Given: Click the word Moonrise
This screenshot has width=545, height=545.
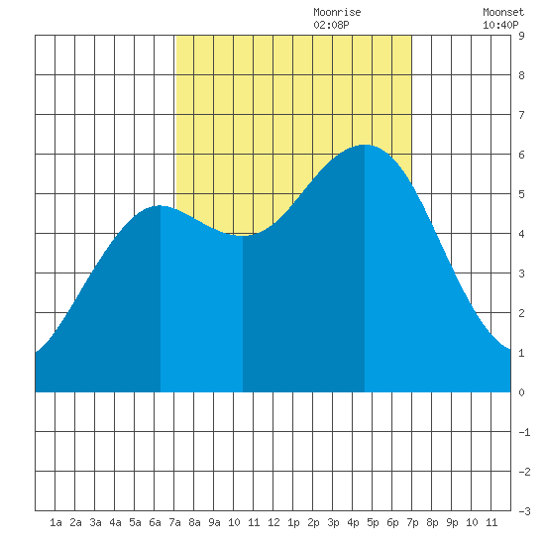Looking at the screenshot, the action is (337, 12).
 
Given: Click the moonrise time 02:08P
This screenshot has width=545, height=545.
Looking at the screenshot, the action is (331, 25).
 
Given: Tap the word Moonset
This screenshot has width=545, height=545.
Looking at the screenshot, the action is (503, 12).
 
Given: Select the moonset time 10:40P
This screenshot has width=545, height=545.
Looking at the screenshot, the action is (500, 25).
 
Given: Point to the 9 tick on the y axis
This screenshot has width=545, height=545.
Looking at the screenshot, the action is (521, 36).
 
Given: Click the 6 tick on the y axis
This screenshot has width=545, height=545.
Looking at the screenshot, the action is (521, 155).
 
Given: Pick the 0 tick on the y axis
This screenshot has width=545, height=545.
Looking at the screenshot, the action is (521, 392).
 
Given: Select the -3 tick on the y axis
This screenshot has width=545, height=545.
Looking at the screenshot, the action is (524, 511).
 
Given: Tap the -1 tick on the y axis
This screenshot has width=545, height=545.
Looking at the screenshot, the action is (524, 432).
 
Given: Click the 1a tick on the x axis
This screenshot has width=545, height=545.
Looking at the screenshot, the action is (55, 522).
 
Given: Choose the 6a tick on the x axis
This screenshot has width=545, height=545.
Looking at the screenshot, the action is (155, 522).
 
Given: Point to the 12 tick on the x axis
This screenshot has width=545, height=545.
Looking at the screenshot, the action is (273, 522).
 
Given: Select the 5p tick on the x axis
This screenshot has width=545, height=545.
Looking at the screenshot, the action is (373, 522).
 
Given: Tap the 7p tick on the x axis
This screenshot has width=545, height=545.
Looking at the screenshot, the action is (412, 522).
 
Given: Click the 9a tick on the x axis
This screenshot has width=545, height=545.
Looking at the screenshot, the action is (214, 522).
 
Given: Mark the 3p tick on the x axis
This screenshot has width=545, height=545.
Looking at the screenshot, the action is (333, 522).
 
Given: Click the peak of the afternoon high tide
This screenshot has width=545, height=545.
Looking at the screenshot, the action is (365, 145).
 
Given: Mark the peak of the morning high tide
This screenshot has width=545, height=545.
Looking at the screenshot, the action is (160, 205).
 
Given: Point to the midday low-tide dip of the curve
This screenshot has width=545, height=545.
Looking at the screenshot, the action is (243, 236).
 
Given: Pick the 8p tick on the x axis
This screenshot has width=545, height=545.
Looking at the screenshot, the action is (432, 522).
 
